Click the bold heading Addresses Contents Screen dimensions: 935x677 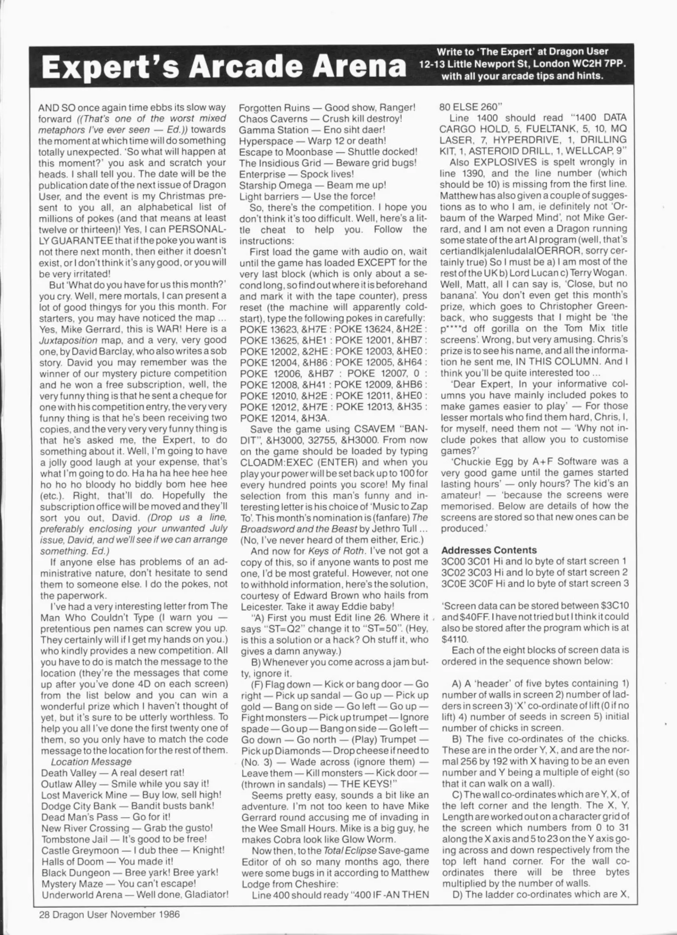(489, 550)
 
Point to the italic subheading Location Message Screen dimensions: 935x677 (91, 761)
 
